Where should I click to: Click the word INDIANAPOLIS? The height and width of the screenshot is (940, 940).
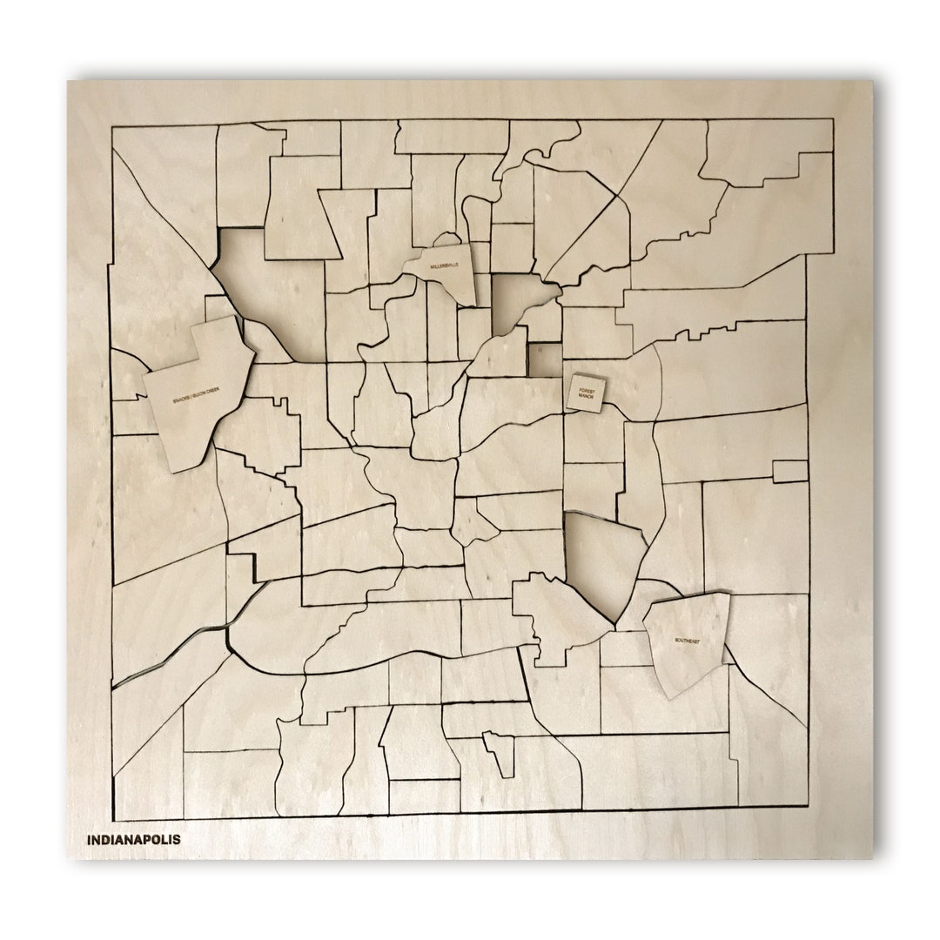(133, 840)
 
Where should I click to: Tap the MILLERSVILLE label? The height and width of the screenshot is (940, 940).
(443, 265)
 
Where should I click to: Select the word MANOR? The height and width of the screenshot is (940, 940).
(584, 396)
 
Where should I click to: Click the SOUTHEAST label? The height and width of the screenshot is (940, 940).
(686, 641)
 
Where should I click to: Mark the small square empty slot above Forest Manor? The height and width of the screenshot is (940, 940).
(546, 359)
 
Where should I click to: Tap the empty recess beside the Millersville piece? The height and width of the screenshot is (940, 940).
(516, 301)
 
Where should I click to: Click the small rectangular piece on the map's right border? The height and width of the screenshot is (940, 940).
(789, 471)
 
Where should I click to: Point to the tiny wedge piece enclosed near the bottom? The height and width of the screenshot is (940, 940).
(500, 753)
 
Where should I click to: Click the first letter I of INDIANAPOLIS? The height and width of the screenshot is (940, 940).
(89, 840)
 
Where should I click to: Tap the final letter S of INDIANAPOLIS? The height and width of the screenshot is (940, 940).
(177, 840)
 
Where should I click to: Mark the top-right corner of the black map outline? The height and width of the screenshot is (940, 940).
(832, 119)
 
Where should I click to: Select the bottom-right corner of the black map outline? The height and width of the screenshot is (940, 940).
(809, 806)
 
